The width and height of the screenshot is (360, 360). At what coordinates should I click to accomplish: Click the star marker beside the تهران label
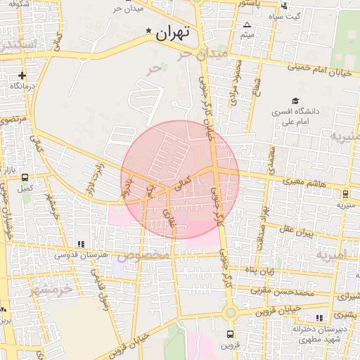click(x=148, y=31)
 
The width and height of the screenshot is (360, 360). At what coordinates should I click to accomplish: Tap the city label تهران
click(x=174, y=32)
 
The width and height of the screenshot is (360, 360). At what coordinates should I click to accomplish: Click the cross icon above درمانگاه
click(x=22, y=75)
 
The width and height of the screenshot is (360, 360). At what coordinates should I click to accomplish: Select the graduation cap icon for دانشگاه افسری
click(x=296, y=101)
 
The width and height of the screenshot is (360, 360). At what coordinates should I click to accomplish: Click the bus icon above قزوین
click(x=229, y=334)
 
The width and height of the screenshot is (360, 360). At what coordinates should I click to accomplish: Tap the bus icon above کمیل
click(x=26, y=178)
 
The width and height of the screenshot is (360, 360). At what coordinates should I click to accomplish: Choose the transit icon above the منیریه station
click(x=345, y=194)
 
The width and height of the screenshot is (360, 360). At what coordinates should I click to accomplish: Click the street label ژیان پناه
click(x=258, y=270)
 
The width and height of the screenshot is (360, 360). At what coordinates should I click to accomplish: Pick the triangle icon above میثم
click(x=247, y=25)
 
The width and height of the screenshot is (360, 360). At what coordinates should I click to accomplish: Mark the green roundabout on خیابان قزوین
click(x=230, y=312)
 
